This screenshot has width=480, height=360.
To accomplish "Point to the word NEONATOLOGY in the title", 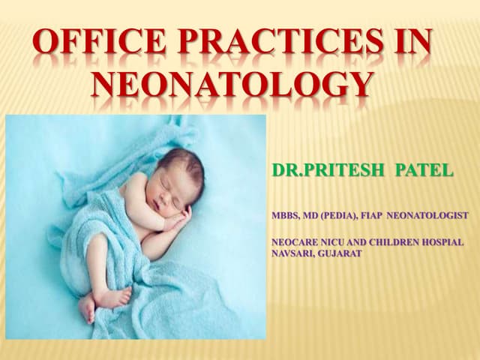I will click(232, 85).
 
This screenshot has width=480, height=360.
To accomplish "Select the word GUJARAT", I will click(340, 253).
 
